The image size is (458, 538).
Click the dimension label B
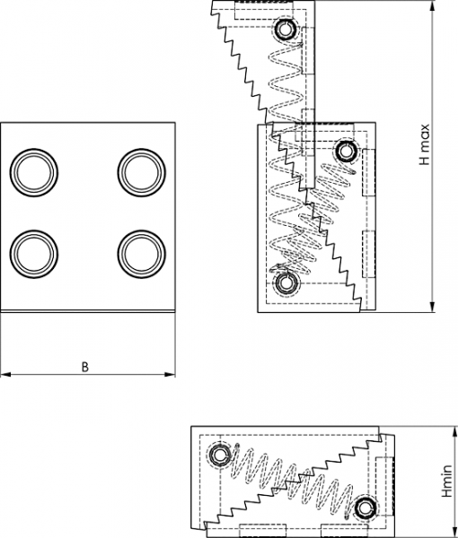85,367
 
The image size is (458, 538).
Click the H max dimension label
425,144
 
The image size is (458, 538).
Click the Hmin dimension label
447,481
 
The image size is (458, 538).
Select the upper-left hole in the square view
34,172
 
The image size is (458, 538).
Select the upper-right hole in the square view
142,172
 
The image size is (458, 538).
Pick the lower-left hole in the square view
34,254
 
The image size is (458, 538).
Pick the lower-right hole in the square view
142,254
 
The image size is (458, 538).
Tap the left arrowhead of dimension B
5,374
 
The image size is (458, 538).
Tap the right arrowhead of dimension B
170,374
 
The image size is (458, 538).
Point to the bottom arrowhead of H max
433,307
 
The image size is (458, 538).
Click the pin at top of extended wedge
285,29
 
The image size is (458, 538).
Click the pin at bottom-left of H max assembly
285,283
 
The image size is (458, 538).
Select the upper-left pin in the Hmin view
218,456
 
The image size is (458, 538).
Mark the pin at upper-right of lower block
345,151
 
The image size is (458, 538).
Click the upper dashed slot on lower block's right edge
369,172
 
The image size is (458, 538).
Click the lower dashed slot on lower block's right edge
369,254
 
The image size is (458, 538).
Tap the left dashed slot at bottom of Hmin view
262,531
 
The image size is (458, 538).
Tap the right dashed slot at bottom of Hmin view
344,531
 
